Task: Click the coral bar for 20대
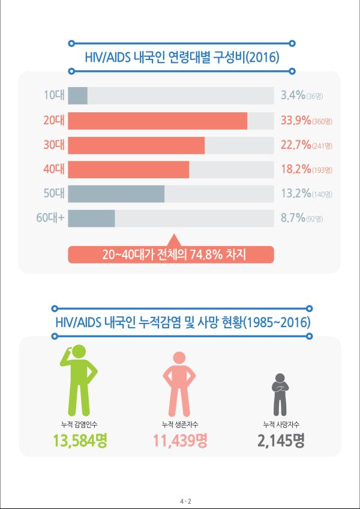pyautogui.click(x=157, y=121)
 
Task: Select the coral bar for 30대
pyautogui.click(x=136, y=145)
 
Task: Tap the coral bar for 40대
pyautogui.click(x=128, y=170)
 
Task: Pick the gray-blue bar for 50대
pyautogui.click(x=116, y=194)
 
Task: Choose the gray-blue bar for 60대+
pyautogui.click(x=91, y=218)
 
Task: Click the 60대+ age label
pyautogui.click(x=50, y=218)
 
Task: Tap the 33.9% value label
pyautogui.click(x=296, y=121)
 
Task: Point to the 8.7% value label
pyautogui.click(x=293, y=218)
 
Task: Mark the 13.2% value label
pyautogui.click(x=295, y=194)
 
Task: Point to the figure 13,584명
pyautogui.click(x=83, y=442)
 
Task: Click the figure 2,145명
pyautogui.click(x=281, y=442)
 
